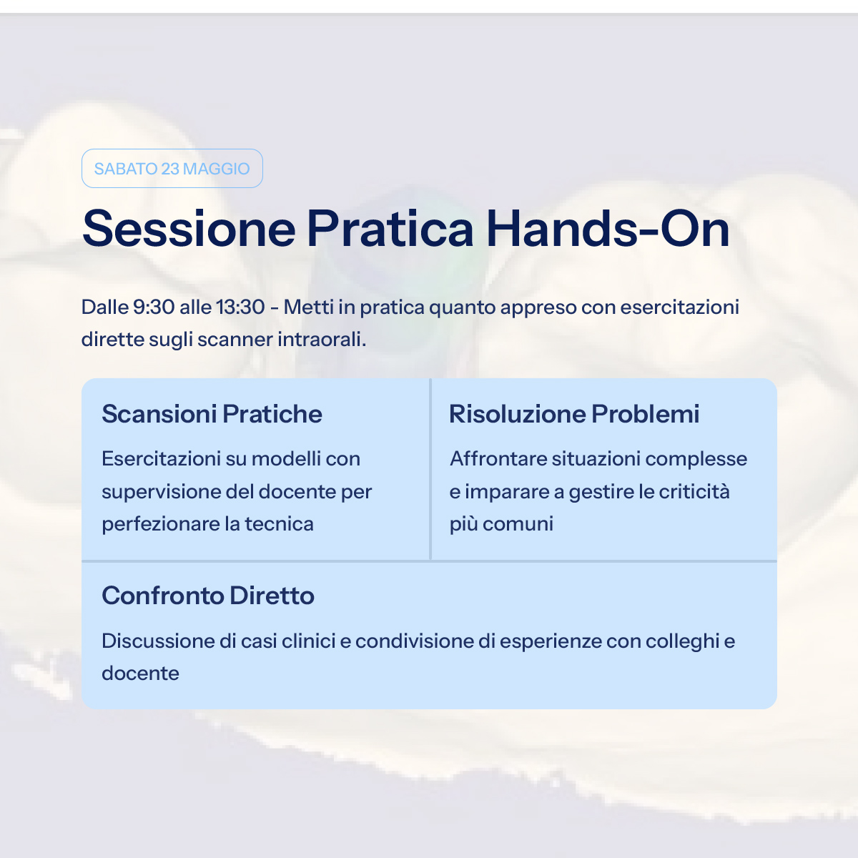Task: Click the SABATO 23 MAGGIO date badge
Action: [172, 168]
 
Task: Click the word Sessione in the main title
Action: [189, 229]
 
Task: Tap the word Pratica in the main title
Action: [390, 229]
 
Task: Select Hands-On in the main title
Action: [608, 229]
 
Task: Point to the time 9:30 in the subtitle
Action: [154, 307]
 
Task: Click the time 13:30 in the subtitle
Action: [240, 307]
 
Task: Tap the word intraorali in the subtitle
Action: [322, 340]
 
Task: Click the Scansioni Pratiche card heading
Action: [212, 414]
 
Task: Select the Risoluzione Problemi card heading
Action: [574, 414]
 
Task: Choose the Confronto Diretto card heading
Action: [208, 596]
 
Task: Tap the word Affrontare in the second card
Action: [498, 459]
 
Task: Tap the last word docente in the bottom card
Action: [140, 674]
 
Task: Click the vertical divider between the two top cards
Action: [430, 469]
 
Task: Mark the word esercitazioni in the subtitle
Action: [679, 307]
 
